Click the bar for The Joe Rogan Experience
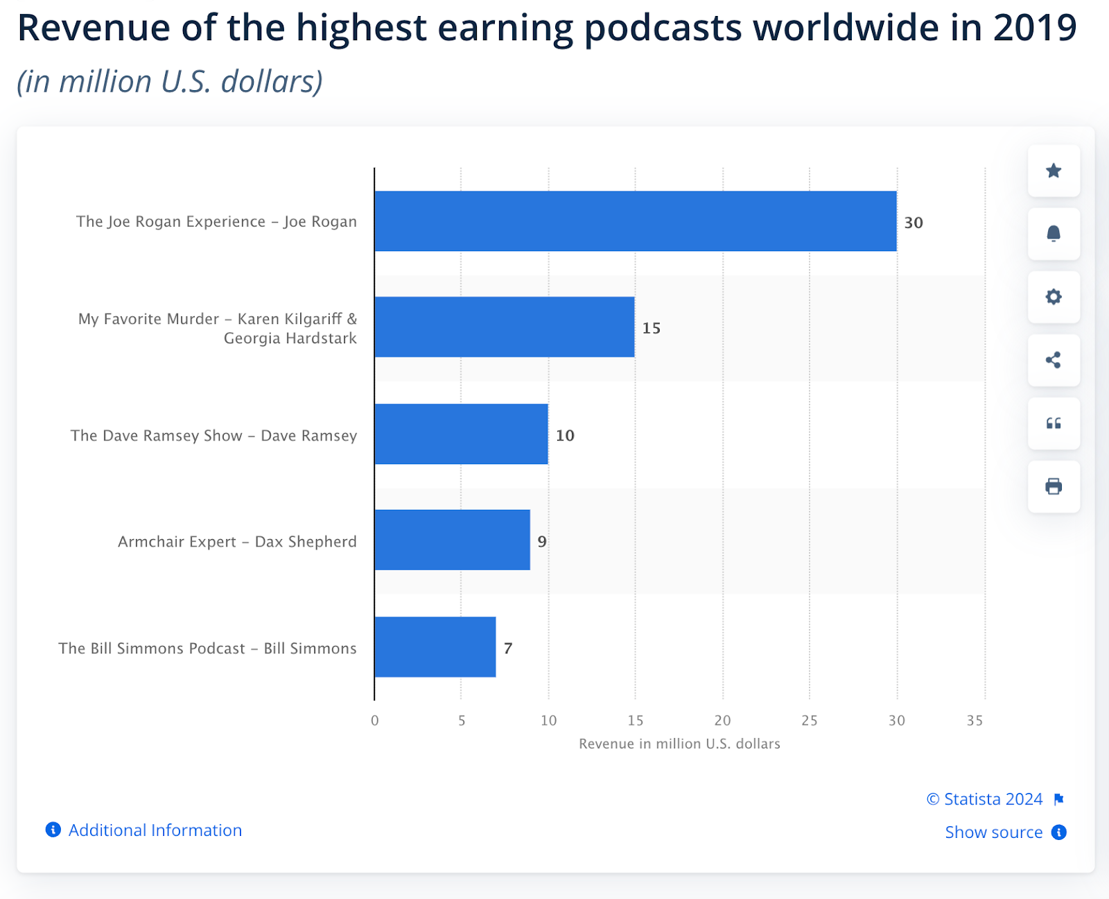tap(635, 221)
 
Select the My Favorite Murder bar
tap(505, 327)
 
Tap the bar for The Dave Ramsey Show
tap(461, 434)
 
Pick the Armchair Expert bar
tap(452, 540)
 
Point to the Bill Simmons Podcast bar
tap(435, 647)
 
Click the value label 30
tap(914, 223)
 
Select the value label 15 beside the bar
tap(652, 328)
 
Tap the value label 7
tap(508, 649)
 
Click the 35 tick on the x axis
tap(975, 721)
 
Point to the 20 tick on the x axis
tap(722, 721)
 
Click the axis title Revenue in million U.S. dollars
tap(679, 744)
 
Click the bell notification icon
tap(1054, 234)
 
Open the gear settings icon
tap(1054, 297)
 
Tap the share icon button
tap(1054, 360)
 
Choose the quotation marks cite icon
tap(1054, 423)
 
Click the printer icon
tap(1054, 486)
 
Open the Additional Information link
tap(155, 830)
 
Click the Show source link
tap(993, 832)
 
